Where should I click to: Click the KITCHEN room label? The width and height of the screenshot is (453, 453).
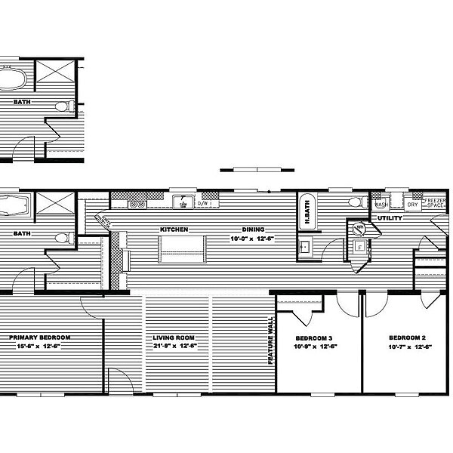coord(173,229)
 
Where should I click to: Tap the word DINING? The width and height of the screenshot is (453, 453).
coord(253,229)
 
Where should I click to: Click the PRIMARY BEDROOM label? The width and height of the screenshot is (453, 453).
coord(40,337)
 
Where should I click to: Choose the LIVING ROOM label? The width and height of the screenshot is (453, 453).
coord(174,337)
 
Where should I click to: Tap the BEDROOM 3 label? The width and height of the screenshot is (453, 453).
coord(313,337)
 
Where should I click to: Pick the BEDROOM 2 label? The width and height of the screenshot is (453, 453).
coord(408,337)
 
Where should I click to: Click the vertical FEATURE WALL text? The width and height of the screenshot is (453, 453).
coord(270,340)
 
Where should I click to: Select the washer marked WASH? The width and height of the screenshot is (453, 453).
coord(381,204)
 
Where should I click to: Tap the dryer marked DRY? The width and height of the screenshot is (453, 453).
coord(412,204)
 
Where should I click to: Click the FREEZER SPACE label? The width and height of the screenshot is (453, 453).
coord(436,203)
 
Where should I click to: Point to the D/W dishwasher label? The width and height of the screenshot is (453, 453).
coord(203,203)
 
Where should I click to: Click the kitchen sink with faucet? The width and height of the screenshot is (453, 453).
coord(181,202)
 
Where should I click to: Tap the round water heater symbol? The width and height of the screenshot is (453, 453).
coord(361,228)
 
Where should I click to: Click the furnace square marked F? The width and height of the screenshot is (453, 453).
coord(359,245)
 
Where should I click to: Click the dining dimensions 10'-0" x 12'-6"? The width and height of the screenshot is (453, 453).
coord(253,239)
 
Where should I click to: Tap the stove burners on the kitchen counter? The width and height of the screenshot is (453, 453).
coord(137,203)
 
